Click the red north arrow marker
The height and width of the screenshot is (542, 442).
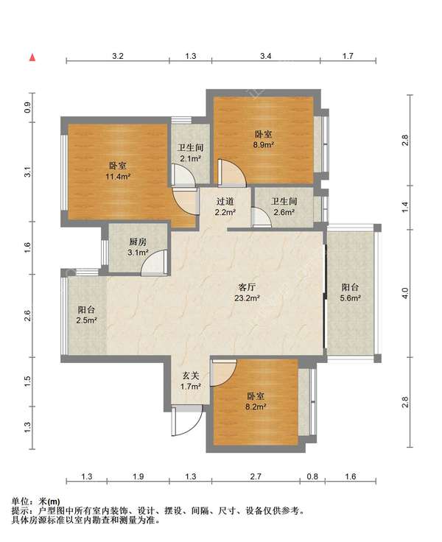coord(32,57)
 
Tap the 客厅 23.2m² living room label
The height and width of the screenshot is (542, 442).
coord(248,292)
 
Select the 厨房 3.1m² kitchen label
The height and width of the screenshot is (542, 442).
coord(138,247)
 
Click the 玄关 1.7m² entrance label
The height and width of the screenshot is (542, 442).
coord(191,381)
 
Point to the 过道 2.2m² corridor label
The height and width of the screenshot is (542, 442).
coord(225,207)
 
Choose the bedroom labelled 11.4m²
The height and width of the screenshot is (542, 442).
coord(118,171)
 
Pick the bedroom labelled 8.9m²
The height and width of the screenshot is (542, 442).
coord(264,139)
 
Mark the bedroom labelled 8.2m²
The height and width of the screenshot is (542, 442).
coord(256,401)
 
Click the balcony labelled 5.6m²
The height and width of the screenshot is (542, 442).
coord(351,292)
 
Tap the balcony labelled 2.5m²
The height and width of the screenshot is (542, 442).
coord(86,315)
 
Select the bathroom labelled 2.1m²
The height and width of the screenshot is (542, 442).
coord(191,153)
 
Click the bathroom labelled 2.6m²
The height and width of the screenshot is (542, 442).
coord(284,207)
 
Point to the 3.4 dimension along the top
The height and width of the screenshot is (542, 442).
coord(266,56)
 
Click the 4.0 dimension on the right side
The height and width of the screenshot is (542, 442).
coord(405,294)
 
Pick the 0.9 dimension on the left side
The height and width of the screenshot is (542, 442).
coord(28,108)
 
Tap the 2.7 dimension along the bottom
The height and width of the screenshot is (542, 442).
coord(256,476)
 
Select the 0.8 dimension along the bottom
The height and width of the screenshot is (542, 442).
coord(312,476)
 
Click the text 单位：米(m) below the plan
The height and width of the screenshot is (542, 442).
coord(35,501)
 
